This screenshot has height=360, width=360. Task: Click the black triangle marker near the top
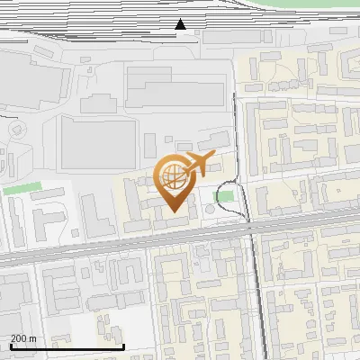[x=181, y=24]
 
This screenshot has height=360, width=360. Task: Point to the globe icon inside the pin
[x=173, y=176]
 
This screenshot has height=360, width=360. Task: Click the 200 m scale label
[x=23, y=338]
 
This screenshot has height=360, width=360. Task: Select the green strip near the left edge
[x=22, y=190]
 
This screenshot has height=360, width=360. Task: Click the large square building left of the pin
[x=97, y=142]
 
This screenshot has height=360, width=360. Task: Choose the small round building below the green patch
[x=211, y=209]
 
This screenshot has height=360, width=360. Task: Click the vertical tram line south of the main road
[x=261, y=297]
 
